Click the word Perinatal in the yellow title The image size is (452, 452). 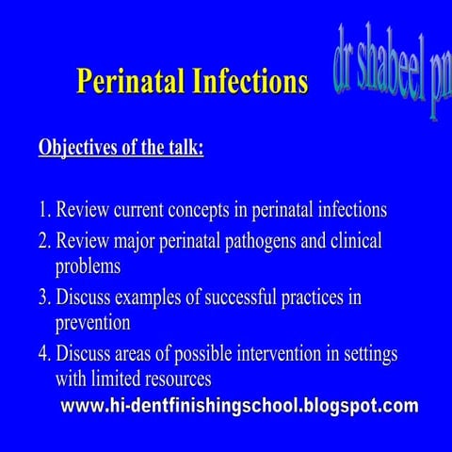coord(126,82)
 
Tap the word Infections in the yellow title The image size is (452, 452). coord(245,82)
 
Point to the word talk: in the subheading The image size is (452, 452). coord(181,149)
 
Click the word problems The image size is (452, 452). coord(88,266)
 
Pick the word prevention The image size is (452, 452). coord(92,323)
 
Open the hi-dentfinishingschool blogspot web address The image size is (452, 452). coord(239,407)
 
